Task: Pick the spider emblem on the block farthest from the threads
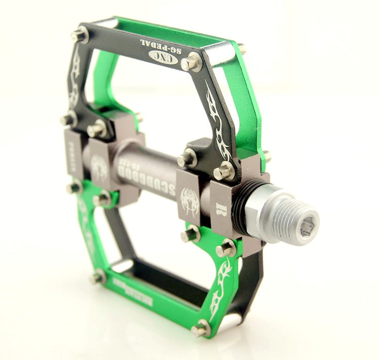tap(98, 167)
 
